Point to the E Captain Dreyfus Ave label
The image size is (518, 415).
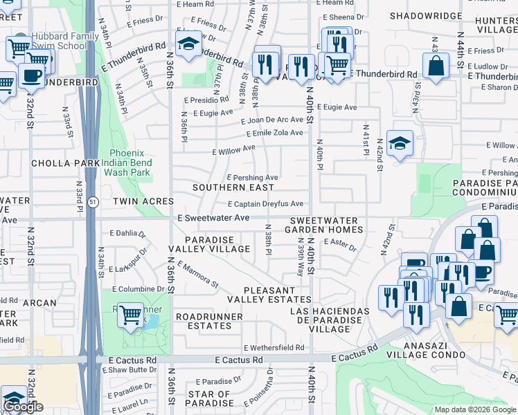click(x=266, y=204)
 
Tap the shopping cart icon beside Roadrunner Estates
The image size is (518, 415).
click(x=130, y=315)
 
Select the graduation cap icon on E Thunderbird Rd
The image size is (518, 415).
click(x=187, y=44)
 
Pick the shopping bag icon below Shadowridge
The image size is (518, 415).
click(x=436, y=66)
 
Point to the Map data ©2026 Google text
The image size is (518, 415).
click(x=474, y=409)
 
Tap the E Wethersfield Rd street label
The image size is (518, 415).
click(x=274, y=348)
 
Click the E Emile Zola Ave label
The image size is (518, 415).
click(x=274, y=133)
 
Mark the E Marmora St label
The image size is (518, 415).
click(x=198, y=275)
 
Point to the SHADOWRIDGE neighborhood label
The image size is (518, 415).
click(x=425, y=15)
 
